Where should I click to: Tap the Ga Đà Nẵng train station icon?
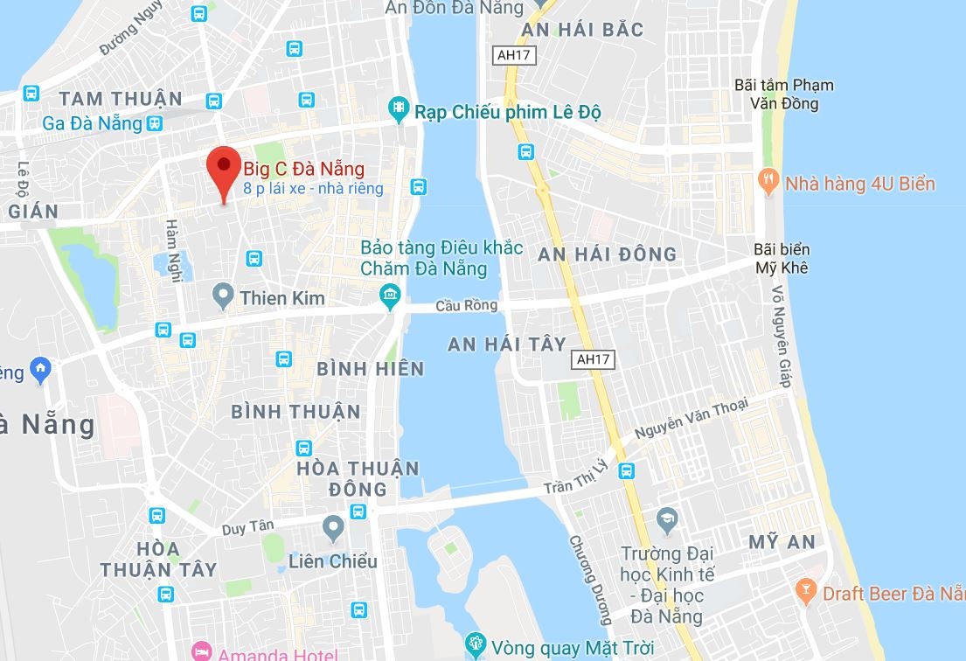(156, 123)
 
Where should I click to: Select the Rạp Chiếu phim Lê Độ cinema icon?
(399, 108)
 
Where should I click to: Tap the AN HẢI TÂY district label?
(507, 344)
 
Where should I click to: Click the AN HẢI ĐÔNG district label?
(608, 254)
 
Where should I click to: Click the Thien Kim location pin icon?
(223, 297)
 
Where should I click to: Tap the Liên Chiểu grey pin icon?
(333, 527)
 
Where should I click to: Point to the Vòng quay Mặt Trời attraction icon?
(475, 646)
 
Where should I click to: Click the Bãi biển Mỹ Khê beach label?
(781, 258)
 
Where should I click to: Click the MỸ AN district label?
(782, 542)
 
